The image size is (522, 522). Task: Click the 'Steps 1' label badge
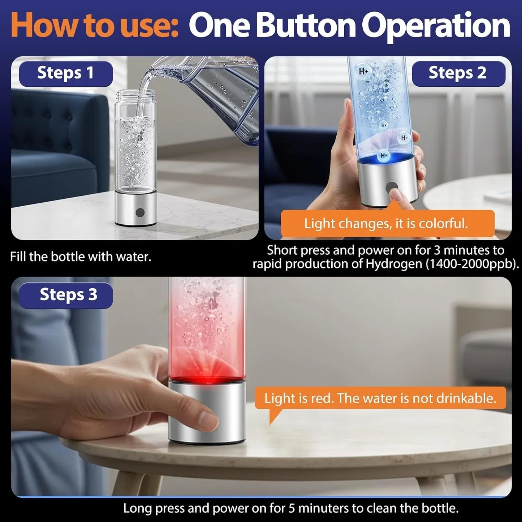coord(66,73)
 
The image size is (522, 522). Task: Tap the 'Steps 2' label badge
coord(458,73)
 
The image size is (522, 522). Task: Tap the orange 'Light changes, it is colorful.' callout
coord(387,224)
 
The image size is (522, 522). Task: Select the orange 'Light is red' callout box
coord(380,398)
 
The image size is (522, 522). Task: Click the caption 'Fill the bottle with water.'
coord(81,257)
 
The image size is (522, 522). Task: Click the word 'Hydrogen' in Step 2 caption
coord(394,264)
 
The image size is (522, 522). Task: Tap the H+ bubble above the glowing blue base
coord(384,156)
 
